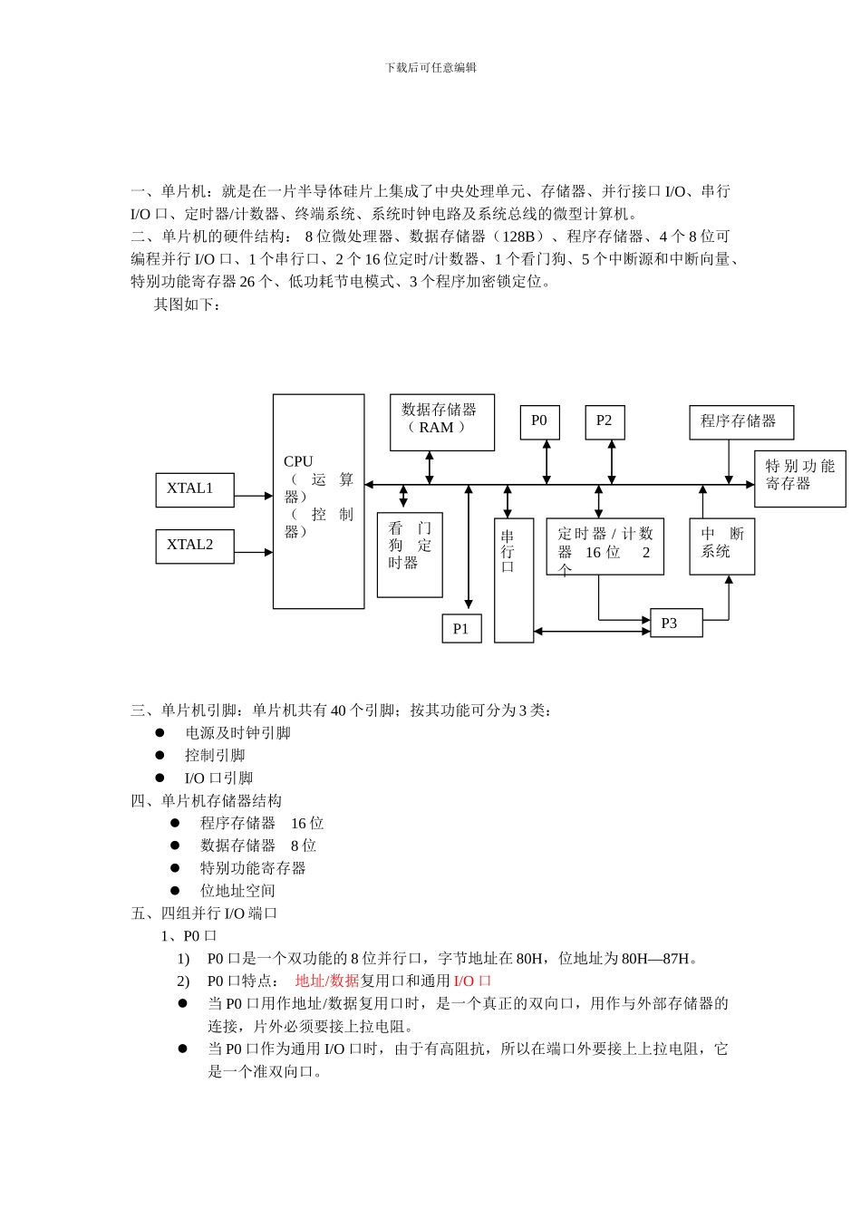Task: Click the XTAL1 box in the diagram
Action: click(195, 489)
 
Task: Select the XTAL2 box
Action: click(195, 546)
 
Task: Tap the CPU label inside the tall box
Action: click(298, 461)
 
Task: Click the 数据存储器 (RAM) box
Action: click(442, 422)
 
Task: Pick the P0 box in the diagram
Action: click(539, 422)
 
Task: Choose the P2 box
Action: click(605, 422)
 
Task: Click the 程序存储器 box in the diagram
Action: click(740, 422)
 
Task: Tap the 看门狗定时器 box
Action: click(410, 555)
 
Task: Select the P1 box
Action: click(461, 629)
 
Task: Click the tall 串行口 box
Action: click(514, 580)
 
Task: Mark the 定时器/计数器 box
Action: click(605, 546)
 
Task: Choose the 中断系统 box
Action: click(721, 546)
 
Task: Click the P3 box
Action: click(676, 623)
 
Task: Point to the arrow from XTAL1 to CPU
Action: click(254, 496)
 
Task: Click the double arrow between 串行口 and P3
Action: click(592, 631)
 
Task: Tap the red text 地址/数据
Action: click(327, 981)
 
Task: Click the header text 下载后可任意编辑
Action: click(430, 67)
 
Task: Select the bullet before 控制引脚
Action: click(160, 755)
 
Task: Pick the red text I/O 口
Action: click(472, 981)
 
